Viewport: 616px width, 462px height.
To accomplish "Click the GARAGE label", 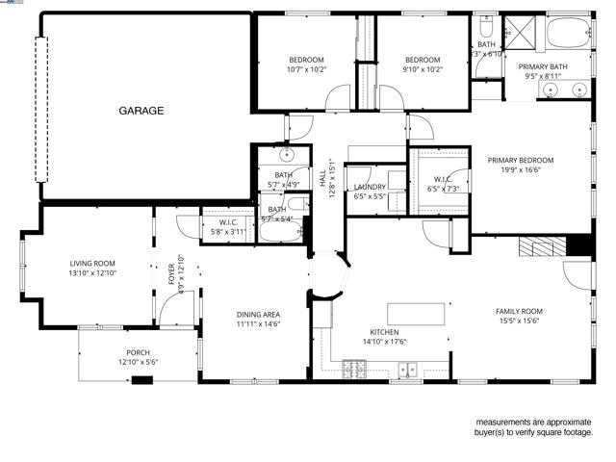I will pyautogui.click(x=141, y=111).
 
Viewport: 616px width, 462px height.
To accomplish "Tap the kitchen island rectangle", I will pyautogui.click(x=418, y=314).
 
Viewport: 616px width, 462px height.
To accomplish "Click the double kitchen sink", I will pyautogui.click(x=408, y=367).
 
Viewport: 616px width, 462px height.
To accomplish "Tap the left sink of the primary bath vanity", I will pyautogui.click(x=551, y=90).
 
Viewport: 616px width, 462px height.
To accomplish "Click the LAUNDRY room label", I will pyautogui.click(x=370, y=187).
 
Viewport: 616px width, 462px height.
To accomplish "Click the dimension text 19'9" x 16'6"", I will pyautogui.click(x=521, y=170).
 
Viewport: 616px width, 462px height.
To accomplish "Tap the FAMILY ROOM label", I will pyautogui.click(x=519, y=311).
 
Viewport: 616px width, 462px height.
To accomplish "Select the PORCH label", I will pyautogui.click(x=138, y=352).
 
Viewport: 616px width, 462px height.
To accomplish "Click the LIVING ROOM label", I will pyautogui.click(x=92, y=263).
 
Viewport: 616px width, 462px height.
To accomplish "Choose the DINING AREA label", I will pyautogui.click(x=258, y=314).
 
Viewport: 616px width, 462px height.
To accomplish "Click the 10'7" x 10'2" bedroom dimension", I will pyautogui.click(x=306, y=69).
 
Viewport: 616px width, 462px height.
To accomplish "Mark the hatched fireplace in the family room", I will pyautogui.click(x=539, y=246).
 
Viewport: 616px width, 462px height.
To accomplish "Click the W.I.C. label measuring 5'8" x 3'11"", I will pyautogui.click(x=227, y=222).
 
